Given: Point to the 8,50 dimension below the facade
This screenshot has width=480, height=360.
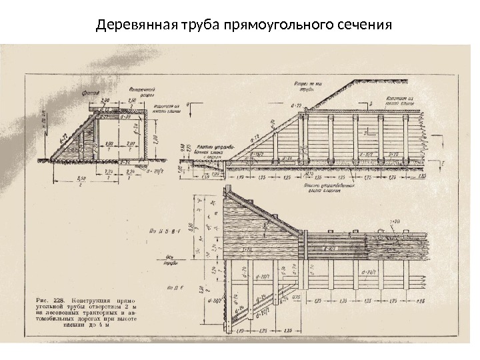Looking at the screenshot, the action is coord(81,179).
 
